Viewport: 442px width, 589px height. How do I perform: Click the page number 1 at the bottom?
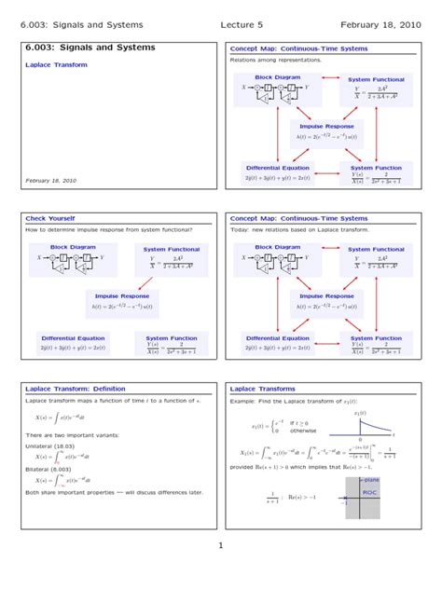pyautogui.click(x=221, y=546)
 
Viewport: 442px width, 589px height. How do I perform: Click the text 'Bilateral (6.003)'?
pyautogui.click(x=51, y=470)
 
